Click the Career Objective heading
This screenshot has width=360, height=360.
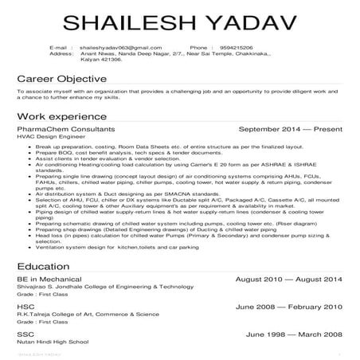[x=62, y=80]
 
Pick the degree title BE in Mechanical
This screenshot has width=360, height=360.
[x=49, y=282]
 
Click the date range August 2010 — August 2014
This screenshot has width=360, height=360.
[x=289, y=282]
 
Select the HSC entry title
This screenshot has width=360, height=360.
[x=25, y=307]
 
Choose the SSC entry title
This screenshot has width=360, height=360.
[x=25, y=333]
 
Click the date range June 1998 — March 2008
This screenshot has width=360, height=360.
[x=294, y=333]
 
